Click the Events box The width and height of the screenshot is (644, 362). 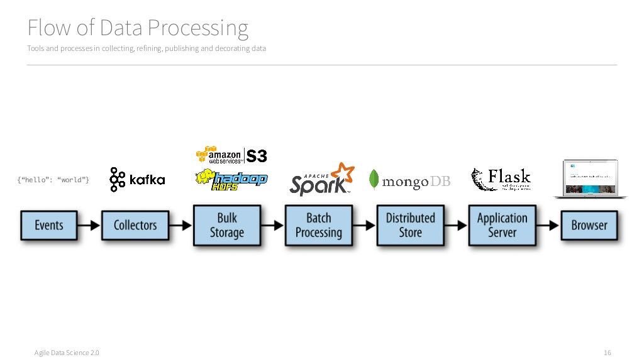tap(48, 225)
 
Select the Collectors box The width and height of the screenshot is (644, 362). tap(135, 225)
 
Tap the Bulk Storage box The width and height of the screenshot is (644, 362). tap(226, 225)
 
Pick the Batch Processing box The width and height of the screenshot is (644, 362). tap(318, 225)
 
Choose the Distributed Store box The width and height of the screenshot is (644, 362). tap(410, 225)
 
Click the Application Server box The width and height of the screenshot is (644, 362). tap(502, 225)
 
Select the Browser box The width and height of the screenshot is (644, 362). tap(589, 225)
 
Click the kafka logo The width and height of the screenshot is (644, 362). tap(137, 179)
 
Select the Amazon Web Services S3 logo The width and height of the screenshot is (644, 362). tap(231, 155)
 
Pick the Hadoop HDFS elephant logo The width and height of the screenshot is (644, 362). tap(231, 178)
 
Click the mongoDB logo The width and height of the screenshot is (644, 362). tap(409, 181)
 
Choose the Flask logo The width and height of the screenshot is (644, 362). tap(501, 179)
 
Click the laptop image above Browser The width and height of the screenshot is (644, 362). tap(589, 178)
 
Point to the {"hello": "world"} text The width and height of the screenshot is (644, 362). tap(53, 180)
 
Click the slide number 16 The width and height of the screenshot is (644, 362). tap(607, 353)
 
